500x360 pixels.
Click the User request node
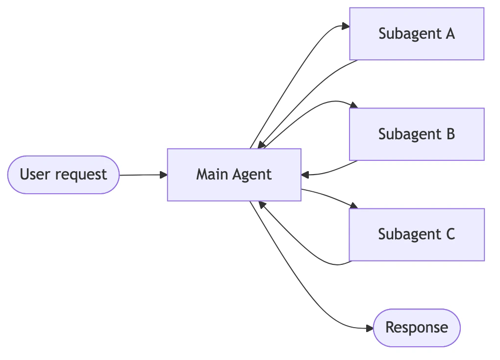point(63,175)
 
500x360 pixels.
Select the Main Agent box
point(234,175)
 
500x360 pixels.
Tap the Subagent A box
point(416,34)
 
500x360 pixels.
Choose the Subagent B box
point(416,134)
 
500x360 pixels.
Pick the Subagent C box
point(416,234)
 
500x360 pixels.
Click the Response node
point(416,328)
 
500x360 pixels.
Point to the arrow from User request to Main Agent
point(142,175)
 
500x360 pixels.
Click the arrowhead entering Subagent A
point(345,27)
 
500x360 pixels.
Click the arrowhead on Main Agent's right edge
point(305,175)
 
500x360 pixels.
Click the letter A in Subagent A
point(450,34)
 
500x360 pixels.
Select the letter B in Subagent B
point(450,134)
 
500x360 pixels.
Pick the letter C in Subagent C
point(450,234)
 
